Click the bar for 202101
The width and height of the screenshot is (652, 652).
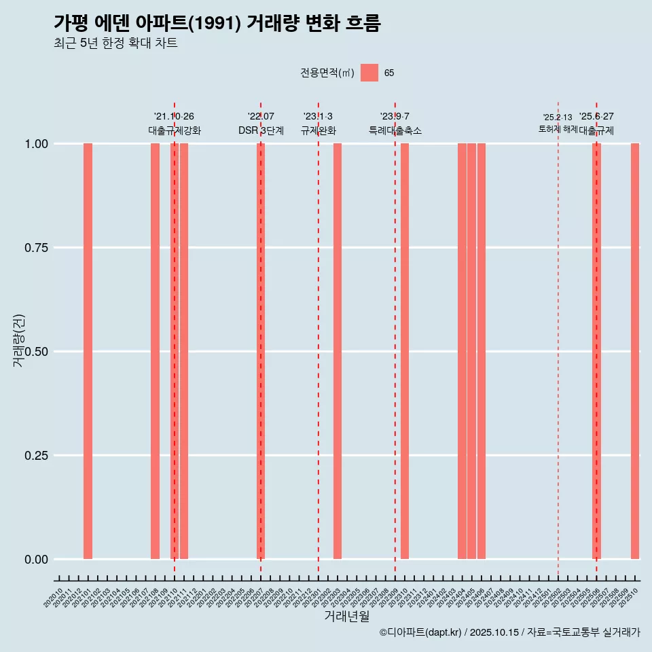tap(88, 351)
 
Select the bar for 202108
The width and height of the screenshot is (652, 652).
tap(155, 351)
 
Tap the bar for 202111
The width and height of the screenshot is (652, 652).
tap(184, 351)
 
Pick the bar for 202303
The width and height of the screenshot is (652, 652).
tap(338, 351)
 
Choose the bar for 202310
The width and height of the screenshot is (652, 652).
tap(405, 351)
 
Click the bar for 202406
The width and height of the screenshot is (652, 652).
tap(482, 351)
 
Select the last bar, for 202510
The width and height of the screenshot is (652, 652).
tap(635, 351)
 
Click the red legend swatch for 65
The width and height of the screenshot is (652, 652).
tap(369, 73)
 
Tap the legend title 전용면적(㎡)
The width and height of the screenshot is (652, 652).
tap(327, 73)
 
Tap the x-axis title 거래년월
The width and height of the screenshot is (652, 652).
tap(346, 616)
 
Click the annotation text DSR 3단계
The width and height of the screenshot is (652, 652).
tap(261, 130)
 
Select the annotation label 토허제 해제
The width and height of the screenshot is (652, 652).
tap(558, 128)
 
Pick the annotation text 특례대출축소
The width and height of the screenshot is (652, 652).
tap(395, 130)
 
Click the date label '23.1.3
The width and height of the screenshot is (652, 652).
tap(318, 117)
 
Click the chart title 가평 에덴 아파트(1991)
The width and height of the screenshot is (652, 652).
tap(217, 23)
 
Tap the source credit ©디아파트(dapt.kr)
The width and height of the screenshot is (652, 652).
tap(421, 632)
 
